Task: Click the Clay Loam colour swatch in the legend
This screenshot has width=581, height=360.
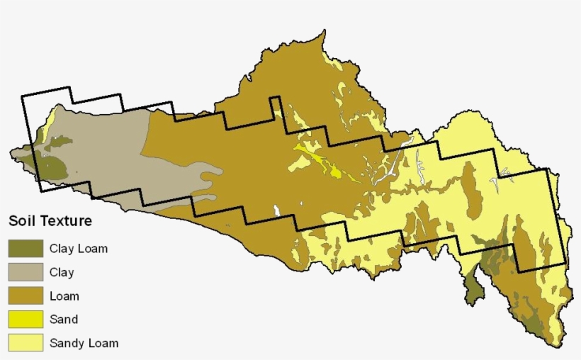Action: (x=26, y=249)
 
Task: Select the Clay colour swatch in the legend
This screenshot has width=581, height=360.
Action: (x=26, y=272)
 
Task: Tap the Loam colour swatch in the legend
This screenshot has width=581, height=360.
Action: (x=26, y=296)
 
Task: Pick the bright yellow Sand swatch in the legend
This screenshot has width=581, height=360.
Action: (x=26, y=320)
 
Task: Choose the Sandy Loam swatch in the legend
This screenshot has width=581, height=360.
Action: (x=26, y=343)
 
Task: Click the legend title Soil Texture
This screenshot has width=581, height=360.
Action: (x=50, y=221)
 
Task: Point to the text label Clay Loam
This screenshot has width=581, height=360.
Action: (x=79, y=249)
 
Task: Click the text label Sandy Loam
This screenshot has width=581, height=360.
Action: (x=84, y=344)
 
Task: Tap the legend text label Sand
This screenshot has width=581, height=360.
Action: (x=64, y=320)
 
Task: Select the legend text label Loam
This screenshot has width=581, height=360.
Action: (x=64, y=296)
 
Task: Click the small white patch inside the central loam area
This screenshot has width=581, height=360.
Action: (x=276, y=210)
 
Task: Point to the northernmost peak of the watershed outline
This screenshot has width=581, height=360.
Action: (x=325, y=30)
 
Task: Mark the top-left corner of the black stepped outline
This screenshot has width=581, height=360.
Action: (x=22, y=96)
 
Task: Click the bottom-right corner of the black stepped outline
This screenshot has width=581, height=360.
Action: (x=565, y=263)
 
